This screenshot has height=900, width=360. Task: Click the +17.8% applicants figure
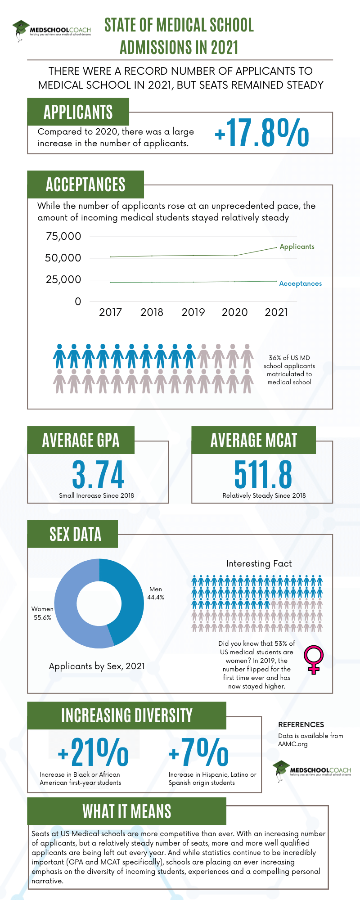coord(262,133)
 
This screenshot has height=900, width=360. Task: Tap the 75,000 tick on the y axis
coord(63,236)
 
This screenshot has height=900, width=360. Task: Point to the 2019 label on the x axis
coord(193,312)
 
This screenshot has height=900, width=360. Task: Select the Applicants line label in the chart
coord(297,247)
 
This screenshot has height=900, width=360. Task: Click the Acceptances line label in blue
coord(300,283)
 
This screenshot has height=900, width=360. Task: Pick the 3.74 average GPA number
coord(98,475)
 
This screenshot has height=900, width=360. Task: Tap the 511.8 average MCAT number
coord(263,475)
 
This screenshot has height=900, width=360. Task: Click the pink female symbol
coord(314,659)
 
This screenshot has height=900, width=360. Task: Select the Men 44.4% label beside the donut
coord(156,593)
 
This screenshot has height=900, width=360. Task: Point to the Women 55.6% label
coord(42,613)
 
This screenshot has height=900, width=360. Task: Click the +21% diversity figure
coord(94,752)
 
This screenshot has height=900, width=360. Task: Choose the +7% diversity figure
coord(198,752)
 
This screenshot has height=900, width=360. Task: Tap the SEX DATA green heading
coord(75,534)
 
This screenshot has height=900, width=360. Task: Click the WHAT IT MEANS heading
coord(127,811)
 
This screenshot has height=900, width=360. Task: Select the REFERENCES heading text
coord(301,724)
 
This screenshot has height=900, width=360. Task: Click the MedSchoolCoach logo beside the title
coord(51,31)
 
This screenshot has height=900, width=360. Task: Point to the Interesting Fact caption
coord(259,563)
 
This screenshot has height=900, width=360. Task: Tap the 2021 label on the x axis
coord(276,312)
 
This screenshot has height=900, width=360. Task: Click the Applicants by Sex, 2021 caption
coord(97,666)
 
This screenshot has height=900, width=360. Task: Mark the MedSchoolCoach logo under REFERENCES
coord(313,771)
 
